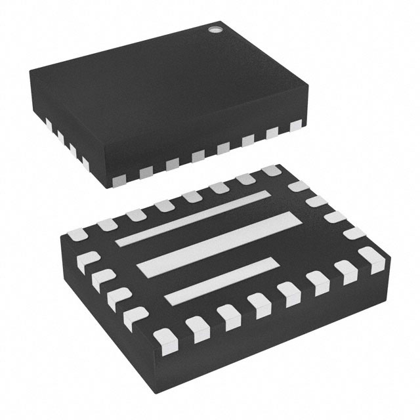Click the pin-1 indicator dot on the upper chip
coord(214,29)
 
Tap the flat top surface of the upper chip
coord(164,79)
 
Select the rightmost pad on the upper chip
coord(297,123)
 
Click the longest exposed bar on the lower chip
coord(217,242)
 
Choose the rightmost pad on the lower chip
coord(376,262)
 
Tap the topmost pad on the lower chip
coord(270,171)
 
